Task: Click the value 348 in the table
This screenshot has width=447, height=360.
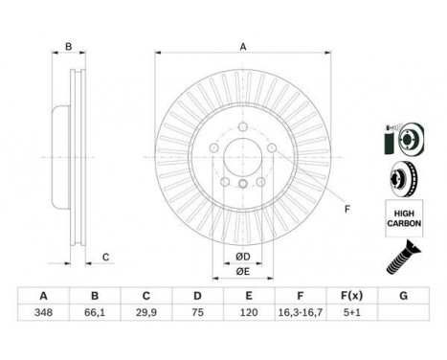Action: pyautogui.click(x=43, y=312)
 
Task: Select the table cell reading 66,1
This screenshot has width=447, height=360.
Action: pyautogui.click(x=95, y=312)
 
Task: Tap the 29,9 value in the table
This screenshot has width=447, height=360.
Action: pyautogui.click(x=145, y=312)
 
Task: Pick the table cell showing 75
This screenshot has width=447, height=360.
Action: pyautogui.click(x=197, y=312)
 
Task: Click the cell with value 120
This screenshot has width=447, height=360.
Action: pyautogui.click(x=249, y=312)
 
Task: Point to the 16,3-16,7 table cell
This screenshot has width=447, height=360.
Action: pyautogui.click(x=301, y=312)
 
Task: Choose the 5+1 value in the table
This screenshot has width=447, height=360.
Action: pyautogui.click(x=351, y=312)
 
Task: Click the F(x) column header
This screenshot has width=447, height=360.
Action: pyautogui.click(x=351, y=296)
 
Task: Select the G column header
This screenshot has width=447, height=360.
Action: pyautogui.click(x=403, y=296)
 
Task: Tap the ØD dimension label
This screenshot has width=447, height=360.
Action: pyautogui.click(x=243, y=257)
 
